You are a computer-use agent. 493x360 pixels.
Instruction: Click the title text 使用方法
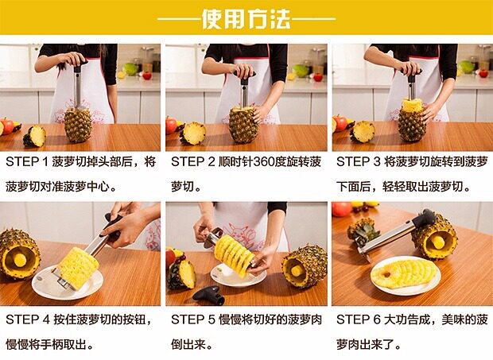(246, 19)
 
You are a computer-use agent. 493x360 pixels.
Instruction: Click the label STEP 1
(27, 162)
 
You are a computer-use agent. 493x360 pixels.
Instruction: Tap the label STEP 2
(192, 162)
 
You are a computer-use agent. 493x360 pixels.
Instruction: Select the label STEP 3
(358, 162)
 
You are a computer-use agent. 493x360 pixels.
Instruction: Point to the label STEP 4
(28, 319)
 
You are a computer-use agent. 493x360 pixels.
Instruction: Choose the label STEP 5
(193, 319)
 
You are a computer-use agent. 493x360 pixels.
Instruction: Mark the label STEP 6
(359, 319)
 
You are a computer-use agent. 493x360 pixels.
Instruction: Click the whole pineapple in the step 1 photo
(78, 125)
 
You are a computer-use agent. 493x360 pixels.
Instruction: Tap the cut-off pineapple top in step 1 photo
(35, 137)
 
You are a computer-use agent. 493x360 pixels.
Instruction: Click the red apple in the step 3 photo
(340, 123)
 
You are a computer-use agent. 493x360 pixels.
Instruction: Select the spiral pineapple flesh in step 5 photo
(235, 256)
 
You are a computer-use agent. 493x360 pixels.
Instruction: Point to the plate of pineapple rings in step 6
(406, 276)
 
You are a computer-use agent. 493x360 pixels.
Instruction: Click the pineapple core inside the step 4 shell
(20, 260)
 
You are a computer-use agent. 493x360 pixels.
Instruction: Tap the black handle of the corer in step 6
(424, 218)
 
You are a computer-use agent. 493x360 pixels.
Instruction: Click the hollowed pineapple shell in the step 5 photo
(305, 267)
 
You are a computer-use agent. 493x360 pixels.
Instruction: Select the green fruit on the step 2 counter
(301, 71)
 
